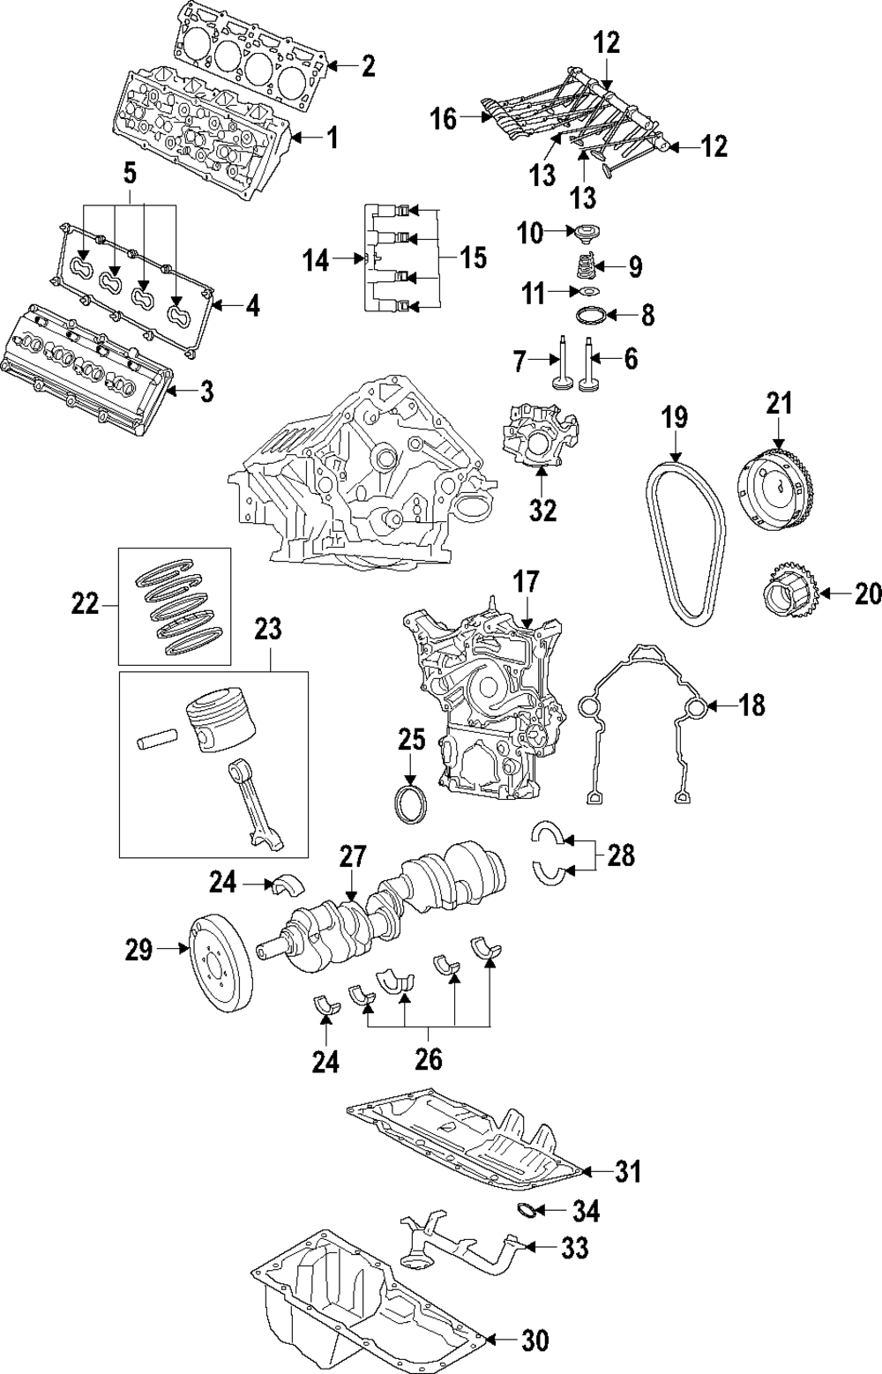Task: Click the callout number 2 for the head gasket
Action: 367,66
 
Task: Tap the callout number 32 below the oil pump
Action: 543,511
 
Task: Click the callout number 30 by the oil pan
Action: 534,1341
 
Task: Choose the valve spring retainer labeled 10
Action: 582,234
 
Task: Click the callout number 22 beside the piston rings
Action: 86,605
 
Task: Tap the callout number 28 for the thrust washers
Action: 620,855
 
